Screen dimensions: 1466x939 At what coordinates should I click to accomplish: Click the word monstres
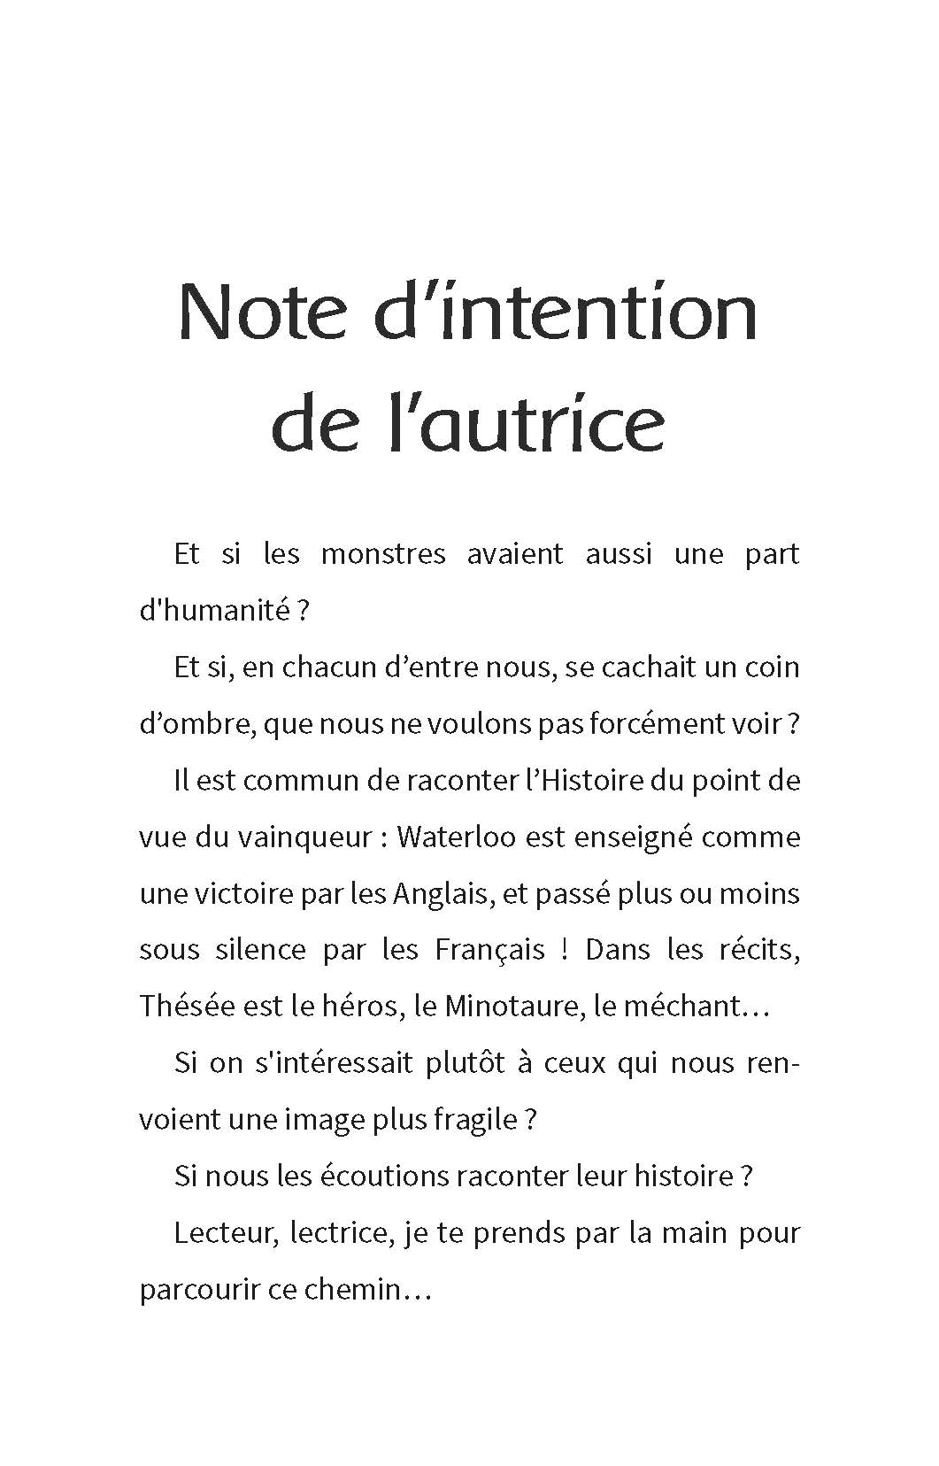click(x=383, y=554)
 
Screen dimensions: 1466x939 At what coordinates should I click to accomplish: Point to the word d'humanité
click(x=214, y=611)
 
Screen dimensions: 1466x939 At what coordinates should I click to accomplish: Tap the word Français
click(x=490, y=950)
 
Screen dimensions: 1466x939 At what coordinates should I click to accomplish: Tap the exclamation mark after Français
click(x=565, y=950)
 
